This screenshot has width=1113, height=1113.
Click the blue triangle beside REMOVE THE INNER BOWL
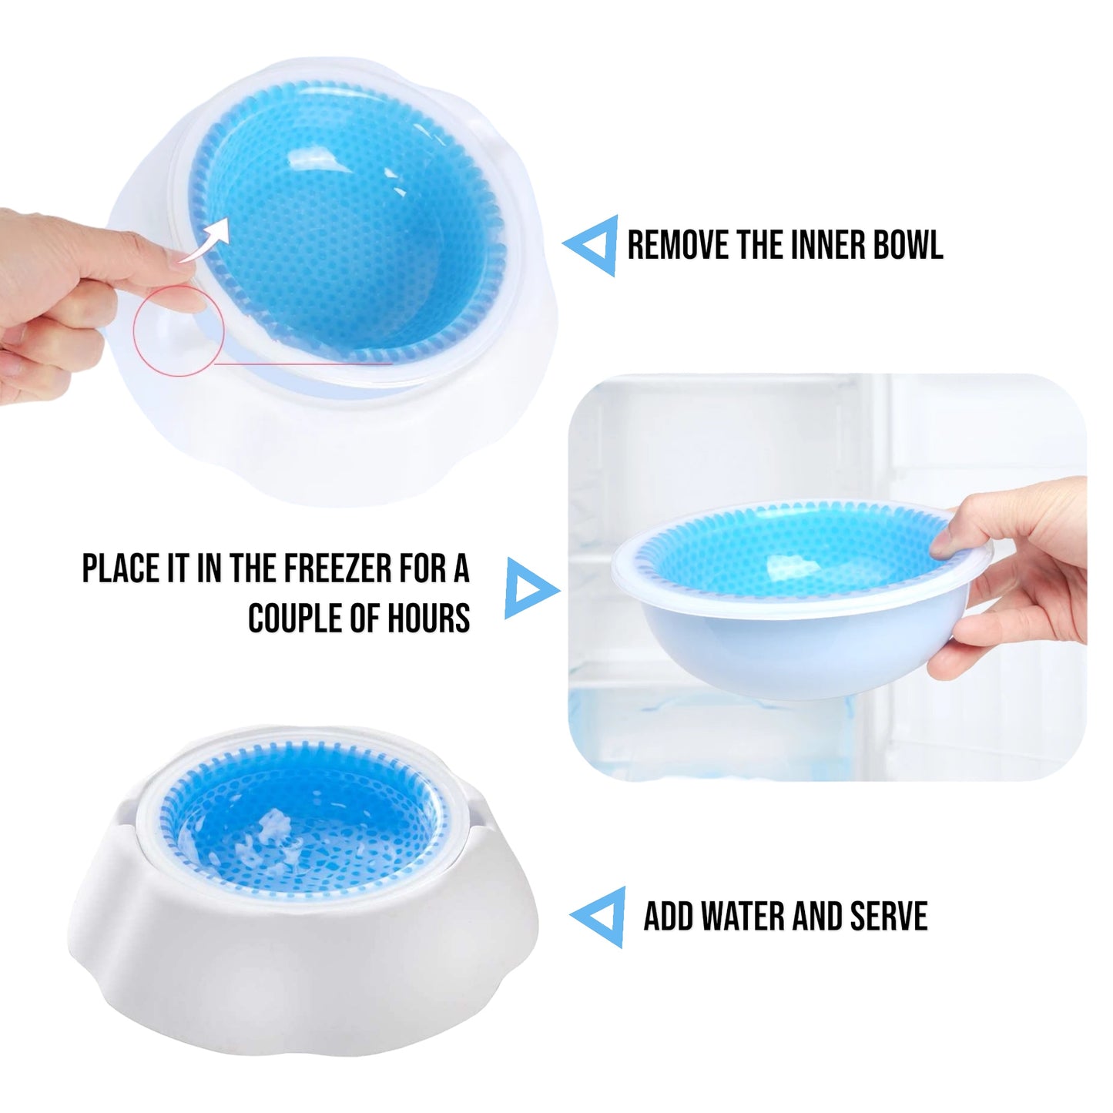pyautogui.click(x=590, y=246)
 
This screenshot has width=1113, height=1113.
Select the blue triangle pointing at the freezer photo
pyautogui.click(x=531, y=588)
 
